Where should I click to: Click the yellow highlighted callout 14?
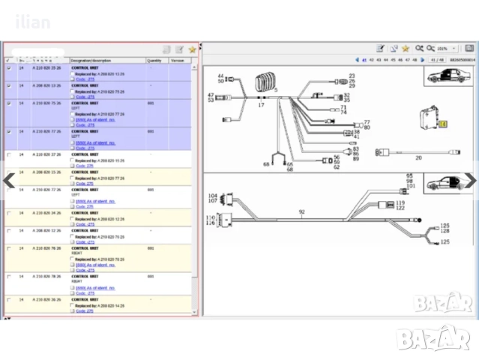pyautogui.click(x=442, y=124)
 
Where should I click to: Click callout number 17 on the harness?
pyautogui.click(x=262, y=106)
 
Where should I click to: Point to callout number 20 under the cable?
pyautogui.click(x=418, y=157)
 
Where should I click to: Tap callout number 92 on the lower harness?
pyautogui.click(x=302, y=212)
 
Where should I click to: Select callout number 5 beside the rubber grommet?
pyautogui.click(x=275, y=90)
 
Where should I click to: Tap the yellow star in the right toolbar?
pyautogui.click(x=406, y=49)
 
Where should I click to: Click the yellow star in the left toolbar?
pyautogui.click(x=192, y=49)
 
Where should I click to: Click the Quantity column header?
pyautogui.click(x=154, y=60)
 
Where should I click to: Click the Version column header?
pyautogui.click(x=177, y=60)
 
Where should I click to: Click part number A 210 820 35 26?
pyautogui.click(x=47, y=67)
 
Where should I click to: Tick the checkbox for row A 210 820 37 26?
pyautogui.click(x=9, y=190)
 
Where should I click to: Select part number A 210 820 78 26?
pyautogui.click(x=47, y=276)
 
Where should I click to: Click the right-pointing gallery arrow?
pyautogui.click(x=470, y=180)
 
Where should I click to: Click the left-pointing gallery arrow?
pyautogui.click(x=10, y=180)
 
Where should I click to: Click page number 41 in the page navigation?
pyautogui.click(x=364, y=59)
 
